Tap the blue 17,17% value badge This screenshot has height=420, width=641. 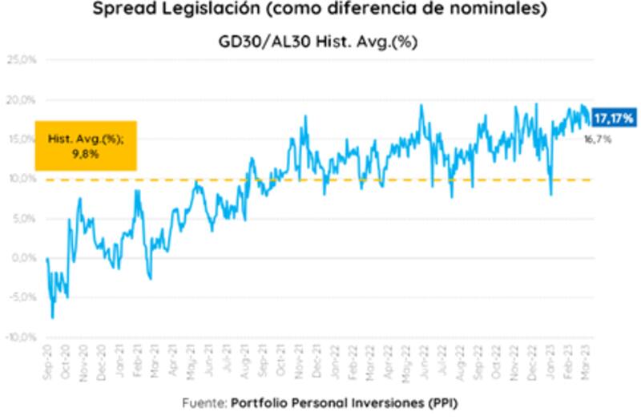613,119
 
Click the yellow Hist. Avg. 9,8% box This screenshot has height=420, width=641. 85,145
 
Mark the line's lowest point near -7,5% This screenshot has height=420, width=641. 53,318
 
